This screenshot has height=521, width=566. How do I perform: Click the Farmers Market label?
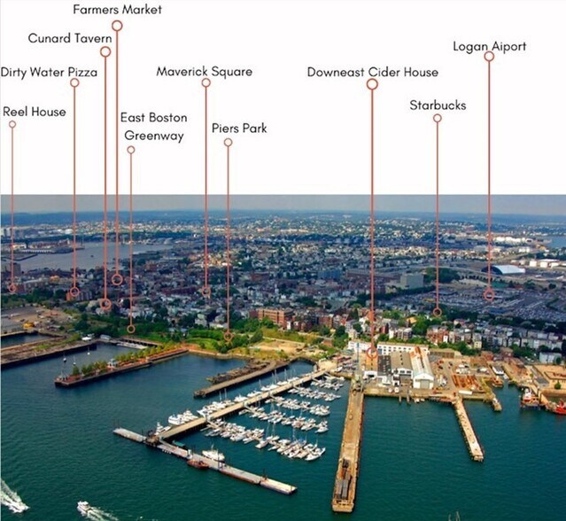[117, 10]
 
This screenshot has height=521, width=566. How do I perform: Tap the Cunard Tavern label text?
[70, 38]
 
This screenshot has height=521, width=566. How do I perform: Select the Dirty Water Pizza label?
[49, 72]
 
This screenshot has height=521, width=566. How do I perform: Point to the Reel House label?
[35, 112]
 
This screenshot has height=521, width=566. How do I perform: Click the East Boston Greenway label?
[154, 127]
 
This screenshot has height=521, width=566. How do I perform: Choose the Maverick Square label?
[205, 72]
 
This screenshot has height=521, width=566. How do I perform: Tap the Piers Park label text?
[239, 128]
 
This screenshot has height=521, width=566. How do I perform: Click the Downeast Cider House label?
[373, 72]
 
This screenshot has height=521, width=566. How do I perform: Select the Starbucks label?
[438, 105]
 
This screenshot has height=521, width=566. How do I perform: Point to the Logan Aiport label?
[490, 47]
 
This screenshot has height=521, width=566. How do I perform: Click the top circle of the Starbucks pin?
[438, 119]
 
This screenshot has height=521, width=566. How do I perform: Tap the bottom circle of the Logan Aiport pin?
[489, 295]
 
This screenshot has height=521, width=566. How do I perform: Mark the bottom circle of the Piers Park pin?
[228, 337]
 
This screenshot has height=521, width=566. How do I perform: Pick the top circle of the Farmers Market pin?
[117, 26]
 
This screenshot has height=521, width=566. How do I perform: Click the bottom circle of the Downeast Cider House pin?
[372, 353]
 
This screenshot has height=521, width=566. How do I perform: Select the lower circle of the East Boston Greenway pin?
[131, 329]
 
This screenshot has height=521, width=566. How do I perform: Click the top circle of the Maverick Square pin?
[206, 82]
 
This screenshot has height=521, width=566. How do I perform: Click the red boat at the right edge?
[559, 408]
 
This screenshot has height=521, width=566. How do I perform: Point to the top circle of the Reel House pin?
[12, 124]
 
